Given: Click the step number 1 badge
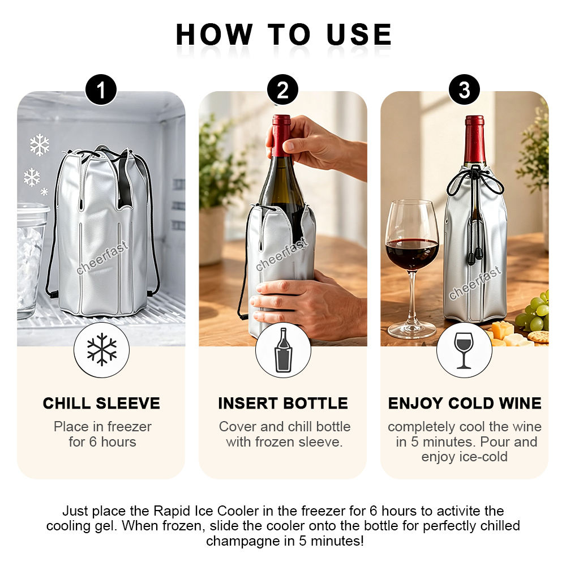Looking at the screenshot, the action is coord(101,89).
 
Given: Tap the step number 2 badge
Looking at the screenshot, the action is coord(282,89).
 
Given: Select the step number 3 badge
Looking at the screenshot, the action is coord(464,89).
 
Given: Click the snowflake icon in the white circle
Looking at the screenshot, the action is coord(102,349).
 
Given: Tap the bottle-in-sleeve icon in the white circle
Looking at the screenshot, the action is coord(284,350).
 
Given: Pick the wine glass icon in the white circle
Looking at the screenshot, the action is coord(464,350).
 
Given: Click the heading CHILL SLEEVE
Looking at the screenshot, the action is coord(101,403).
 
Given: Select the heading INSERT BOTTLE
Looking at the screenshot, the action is coord(283,403).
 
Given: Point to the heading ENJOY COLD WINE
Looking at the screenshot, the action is coord(465,403).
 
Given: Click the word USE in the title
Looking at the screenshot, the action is coord(359,35).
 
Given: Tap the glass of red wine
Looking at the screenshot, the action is coord(412,269).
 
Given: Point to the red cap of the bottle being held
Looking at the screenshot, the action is coord(281,135).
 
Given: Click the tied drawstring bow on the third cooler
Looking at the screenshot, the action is coord(475,181).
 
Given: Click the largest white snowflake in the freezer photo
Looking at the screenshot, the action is coord(40,145).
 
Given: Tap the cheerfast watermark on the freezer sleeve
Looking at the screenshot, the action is coord(102,258).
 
